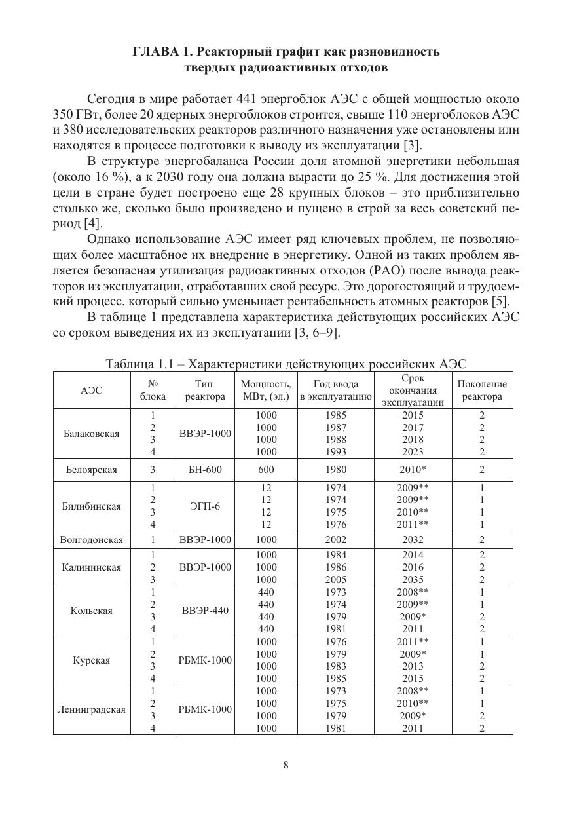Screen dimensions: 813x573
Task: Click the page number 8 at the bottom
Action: point(286,765)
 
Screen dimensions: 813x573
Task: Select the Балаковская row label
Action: point(92,434)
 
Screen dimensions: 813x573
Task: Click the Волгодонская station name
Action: point(92,540)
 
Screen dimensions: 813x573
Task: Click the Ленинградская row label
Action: point(92,709)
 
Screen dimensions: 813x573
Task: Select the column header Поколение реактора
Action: point(481,390)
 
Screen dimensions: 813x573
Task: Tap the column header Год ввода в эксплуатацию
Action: point(335,390)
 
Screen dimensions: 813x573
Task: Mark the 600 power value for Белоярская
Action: point(267,470)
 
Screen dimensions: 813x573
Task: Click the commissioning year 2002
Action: point(335,540)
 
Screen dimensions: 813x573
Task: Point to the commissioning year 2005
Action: point(335,580)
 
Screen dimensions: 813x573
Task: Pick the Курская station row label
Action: point(92,660)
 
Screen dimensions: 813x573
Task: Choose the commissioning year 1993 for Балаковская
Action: point(335,452)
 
